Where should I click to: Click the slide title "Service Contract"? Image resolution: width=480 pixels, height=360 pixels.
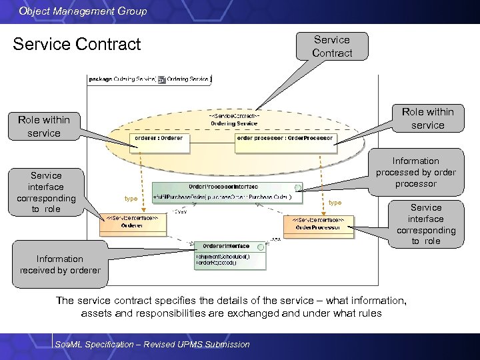coord(77,45)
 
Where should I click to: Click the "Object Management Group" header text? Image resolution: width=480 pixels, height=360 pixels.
coord(83,11)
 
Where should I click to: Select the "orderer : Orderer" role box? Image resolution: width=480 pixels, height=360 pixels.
coord(157,139)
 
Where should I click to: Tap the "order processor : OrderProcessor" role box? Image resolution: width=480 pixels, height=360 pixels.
coord(285,139)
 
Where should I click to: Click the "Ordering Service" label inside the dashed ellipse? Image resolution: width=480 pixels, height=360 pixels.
coord(234,123)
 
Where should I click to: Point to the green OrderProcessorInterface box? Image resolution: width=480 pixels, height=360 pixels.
coord(227,192)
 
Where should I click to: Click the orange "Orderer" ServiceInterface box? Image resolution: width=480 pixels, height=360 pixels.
coord(132,225)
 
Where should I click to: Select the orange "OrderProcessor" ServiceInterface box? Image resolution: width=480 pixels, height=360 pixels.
coord(318,224)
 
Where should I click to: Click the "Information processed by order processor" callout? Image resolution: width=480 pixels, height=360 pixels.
coord(415,172)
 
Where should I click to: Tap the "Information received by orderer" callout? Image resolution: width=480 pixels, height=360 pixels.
coord(60,265)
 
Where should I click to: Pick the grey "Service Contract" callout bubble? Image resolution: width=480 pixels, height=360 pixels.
coord(331,46)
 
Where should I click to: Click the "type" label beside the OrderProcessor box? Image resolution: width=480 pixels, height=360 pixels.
coord(335,203)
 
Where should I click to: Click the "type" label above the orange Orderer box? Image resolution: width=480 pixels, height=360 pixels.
coord(131,199)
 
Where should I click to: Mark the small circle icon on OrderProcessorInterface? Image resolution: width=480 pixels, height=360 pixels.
coord(297,187)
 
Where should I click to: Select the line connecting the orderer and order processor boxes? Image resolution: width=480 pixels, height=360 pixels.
coord(210,139)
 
